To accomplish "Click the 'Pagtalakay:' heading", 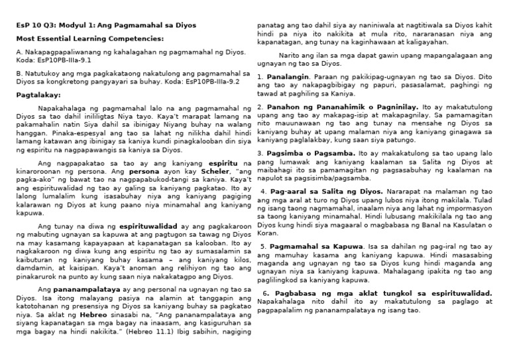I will pos(38,95).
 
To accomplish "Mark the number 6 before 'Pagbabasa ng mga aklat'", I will pos(265,293).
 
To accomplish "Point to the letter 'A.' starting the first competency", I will pos(19,51).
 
